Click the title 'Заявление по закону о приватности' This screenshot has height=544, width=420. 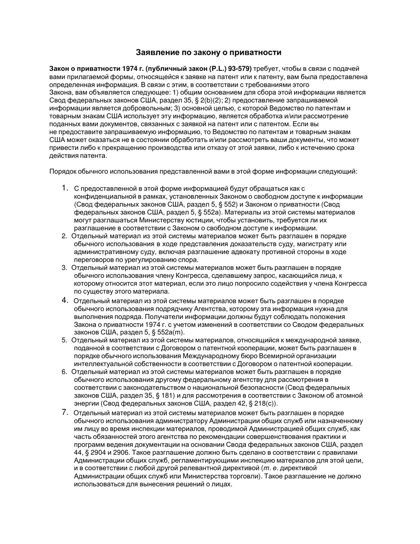(208, 53)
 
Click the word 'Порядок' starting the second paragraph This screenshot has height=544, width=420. (63, 172)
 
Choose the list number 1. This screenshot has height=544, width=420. (65, 188)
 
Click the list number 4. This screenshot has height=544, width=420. (65, 300)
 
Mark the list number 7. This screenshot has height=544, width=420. (65, 412)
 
